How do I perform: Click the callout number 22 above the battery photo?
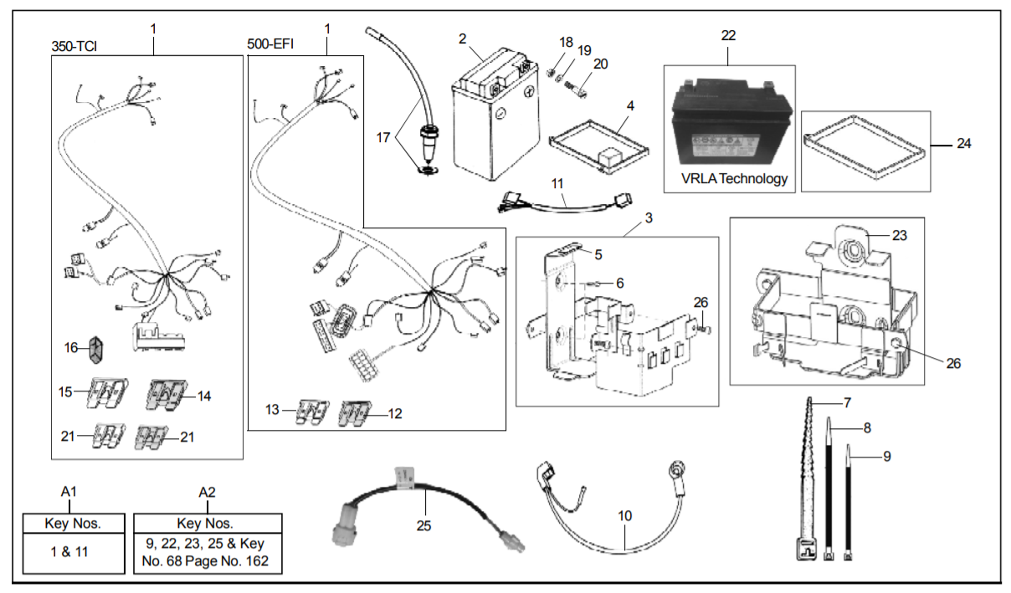click(x=728, y=35)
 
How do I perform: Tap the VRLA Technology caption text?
click(x=734, y=178)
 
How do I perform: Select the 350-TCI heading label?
click(x=74, y=46)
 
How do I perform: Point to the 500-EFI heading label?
click(x=270, y=43)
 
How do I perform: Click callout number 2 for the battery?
click(x=462, y=38)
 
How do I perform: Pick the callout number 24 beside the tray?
click(x=963, y=144)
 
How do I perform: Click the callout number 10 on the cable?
click(x=624, y=517)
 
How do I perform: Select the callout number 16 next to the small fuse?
click(x=73, y=346)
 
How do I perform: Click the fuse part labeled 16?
click(x=96, y=347)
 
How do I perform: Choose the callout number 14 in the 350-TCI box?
click(x=203, y=396)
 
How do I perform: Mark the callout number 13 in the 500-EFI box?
click(x=272, y=410)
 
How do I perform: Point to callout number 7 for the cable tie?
click(x=847, y=403)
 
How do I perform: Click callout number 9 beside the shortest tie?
click(x=886, y=457)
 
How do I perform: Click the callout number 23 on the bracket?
click(x=899, y=236)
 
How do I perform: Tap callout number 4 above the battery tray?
click(x=630, y=106)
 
